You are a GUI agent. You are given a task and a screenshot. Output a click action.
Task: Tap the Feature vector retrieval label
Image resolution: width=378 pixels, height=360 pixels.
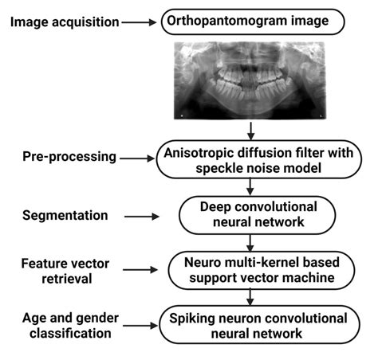point(54,269)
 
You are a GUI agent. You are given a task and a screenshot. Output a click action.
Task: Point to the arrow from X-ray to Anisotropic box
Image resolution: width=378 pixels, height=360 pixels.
point(251,131)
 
